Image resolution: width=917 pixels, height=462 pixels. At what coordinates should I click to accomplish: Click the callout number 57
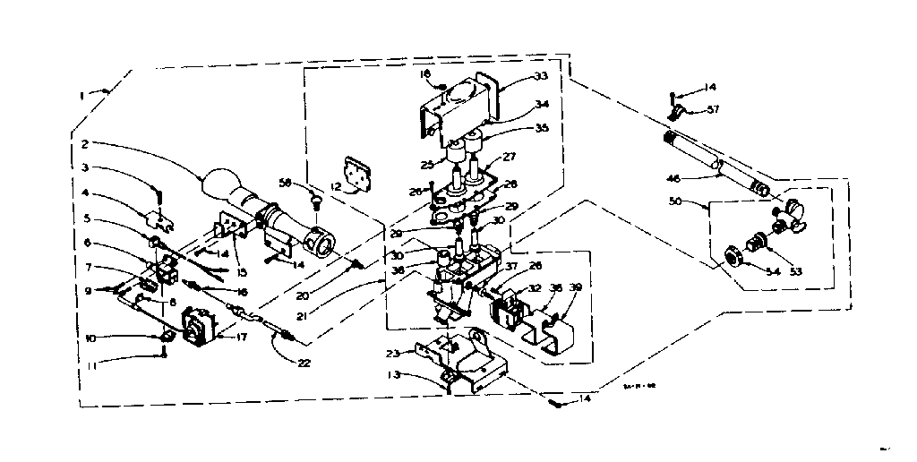click(713, 110)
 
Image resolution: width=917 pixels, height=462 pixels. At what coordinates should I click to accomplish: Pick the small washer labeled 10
click(167, 338)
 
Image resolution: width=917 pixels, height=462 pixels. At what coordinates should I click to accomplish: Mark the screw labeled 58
click(316, 204)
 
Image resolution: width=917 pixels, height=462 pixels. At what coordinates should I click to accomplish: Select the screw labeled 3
click(159, 194)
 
